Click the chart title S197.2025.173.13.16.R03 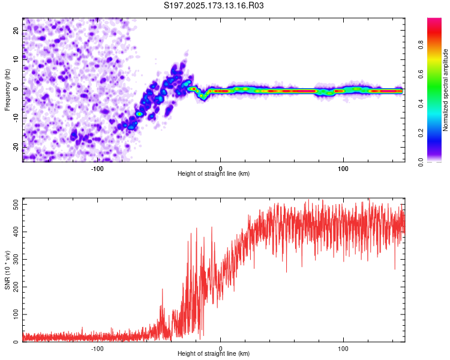[214, 5]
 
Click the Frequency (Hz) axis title [7, 90]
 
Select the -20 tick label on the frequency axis [16, 147]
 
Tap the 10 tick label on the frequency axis [16, 59]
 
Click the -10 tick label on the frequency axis [16, 118]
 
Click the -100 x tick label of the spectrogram [97, 169]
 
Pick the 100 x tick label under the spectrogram [343, 169]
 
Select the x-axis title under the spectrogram [214, 173]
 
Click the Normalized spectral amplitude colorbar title [445, 90]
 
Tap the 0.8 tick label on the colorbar [421, 45]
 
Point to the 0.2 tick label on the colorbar [421, 133]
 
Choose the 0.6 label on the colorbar [421, 74]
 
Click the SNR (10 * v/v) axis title [7, 270]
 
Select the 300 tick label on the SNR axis [16, 260]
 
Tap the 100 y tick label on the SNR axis [16, 314]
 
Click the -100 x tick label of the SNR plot [97, 349]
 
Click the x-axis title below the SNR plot [214, 353]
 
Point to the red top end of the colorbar [434, 19]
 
